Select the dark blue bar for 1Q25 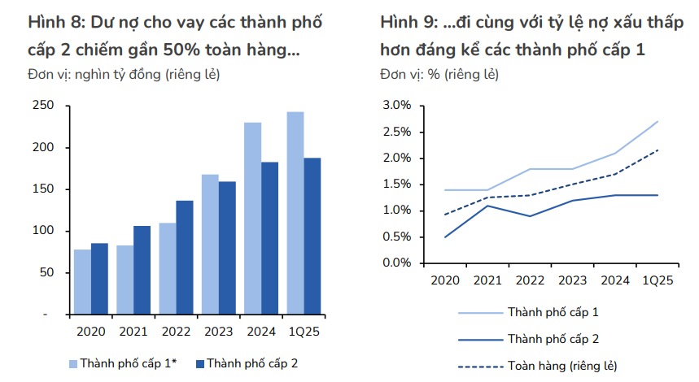tap(312, 236)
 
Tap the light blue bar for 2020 tap(82, 281)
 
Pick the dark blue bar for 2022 tap(185, 257)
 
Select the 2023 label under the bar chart tap(218, 332)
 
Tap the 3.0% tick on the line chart tap(396, 106)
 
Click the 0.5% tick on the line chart tap(396, 237)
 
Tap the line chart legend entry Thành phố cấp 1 tap(553, 311)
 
